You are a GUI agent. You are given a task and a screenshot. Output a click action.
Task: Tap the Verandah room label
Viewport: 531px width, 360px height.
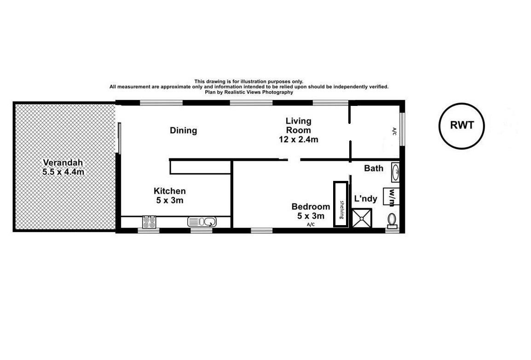coord(63,163)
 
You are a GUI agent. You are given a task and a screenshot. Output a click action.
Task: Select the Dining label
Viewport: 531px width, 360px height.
coord(183,131)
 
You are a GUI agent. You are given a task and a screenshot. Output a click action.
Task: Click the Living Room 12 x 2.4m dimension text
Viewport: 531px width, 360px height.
coord(298,139)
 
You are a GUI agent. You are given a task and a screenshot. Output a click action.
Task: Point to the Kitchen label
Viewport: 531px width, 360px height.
coord(170,191)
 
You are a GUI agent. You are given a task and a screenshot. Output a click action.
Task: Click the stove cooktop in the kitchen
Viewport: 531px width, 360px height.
coord(149,222)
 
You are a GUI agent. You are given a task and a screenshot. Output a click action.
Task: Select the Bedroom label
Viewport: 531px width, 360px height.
coord(311,207)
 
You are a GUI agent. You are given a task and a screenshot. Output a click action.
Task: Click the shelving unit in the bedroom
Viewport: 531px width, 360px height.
coord(341,204)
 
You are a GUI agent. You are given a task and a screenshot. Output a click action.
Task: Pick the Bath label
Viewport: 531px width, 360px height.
coord(374,168)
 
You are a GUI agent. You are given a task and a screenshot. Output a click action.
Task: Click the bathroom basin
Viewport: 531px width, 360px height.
coord(395,172)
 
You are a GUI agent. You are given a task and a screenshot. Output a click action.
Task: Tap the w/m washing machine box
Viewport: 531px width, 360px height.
coord(391,197)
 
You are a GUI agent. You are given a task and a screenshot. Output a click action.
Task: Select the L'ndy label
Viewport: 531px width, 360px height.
coord(365,198)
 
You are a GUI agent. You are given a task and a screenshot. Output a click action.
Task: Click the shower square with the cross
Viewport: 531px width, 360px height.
coord(362,218)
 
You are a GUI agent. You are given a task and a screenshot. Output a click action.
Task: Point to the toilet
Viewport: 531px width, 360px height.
coord(392,221)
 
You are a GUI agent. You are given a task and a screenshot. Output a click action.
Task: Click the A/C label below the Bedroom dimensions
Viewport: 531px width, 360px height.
coord(311,225)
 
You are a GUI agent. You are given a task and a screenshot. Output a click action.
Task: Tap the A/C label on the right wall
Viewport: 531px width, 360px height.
coord(394,131)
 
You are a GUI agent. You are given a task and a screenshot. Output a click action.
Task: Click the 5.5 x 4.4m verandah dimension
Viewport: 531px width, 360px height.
coord(63,172)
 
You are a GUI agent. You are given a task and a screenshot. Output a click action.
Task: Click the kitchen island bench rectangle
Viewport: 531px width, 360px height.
coord(201,168)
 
